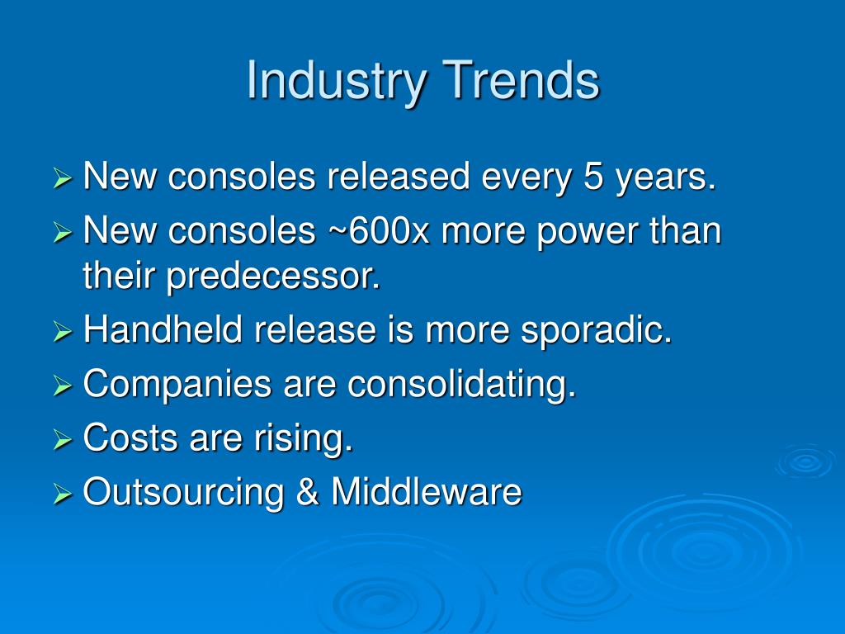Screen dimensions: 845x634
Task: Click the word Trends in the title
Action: pyautogui.click(x=521, y=80)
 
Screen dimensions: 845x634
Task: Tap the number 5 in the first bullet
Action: pyautogui.click(x=592, y=177)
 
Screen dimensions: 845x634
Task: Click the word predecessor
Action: pyautogui.click(x=273, y=276)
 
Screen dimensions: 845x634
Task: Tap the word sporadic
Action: pyautogui.click(x=597, y=330)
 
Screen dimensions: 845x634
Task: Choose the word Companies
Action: pyautogui.click(x=177, y=385)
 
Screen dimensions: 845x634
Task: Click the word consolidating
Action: pyautogui.click(x=462, y=385)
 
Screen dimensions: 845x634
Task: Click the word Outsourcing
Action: pyautogui.click(x=183, y=493)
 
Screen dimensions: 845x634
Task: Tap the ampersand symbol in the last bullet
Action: pyautogui.click(x=307, y=491)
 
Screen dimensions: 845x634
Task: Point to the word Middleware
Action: pyautogui.click(x=427, y=491)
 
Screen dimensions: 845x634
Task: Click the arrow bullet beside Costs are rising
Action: pyautogui.click(x=63, y=440)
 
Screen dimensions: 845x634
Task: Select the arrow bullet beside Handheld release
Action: pyautogui.click(x=63, y=332)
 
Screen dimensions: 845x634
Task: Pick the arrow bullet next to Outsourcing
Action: pyautogui.click(x=63, y=494)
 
